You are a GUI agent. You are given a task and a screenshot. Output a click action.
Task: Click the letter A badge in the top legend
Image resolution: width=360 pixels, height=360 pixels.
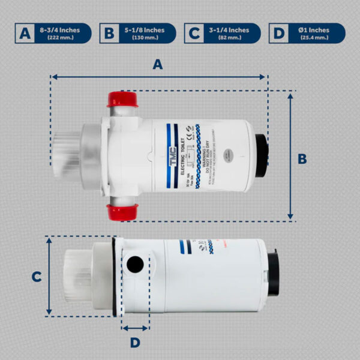pos(25,33)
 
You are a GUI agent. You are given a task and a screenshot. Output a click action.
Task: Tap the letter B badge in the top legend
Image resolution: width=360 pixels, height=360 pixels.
pos(110,33)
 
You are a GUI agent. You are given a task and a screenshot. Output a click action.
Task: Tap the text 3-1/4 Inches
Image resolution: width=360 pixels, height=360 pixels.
pos(229,30)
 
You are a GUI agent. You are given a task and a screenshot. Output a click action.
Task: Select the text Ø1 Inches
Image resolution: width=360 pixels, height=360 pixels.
pos(313,30)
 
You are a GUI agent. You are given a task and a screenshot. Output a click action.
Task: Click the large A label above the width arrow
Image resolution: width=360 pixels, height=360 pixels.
pos(158,65)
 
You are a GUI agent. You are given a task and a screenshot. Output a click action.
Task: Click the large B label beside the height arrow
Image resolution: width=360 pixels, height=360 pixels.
pos(319,158)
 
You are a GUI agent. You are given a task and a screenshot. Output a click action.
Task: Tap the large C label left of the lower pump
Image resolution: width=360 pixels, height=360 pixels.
pos(36,277)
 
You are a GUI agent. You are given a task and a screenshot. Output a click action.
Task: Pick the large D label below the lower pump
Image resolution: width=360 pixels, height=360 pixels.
pos(135,342)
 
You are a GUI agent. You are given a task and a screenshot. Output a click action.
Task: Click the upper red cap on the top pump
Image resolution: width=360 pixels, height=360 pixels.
pos(122,99)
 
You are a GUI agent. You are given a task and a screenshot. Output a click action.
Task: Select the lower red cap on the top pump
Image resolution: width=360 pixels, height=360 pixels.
pos(122,211)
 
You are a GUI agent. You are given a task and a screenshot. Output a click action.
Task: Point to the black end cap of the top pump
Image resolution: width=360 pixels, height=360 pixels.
pos(262,155)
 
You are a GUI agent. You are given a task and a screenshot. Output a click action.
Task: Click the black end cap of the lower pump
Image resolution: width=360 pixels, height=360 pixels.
pos(273,274)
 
